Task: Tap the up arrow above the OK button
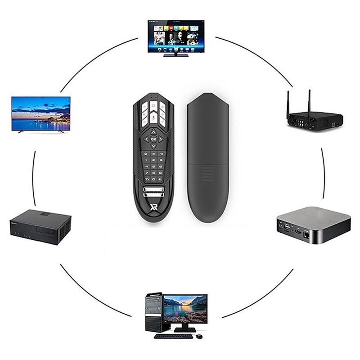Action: click(x=153, y=132)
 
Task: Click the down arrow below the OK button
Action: click(x=153, y=147)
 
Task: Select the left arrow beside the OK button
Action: click(x=145, y=139)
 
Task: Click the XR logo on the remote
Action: click(x=153, y=207)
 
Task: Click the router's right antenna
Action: click(x=310, y=101)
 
